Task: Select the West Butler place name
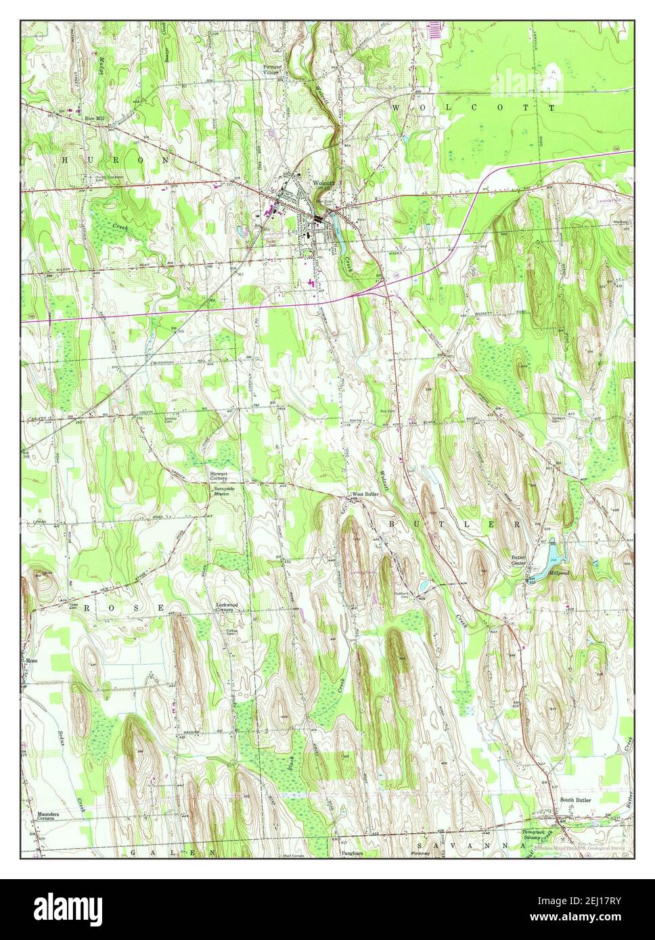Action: (x=365, y=494)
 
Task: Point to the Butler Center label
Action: (x=519, y=560)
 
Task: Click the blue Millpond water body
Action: (x=554, y=555)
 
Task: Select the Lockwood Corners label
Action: (x=225, y=607)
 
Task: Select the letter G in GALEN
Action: (x=134, y=853)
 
